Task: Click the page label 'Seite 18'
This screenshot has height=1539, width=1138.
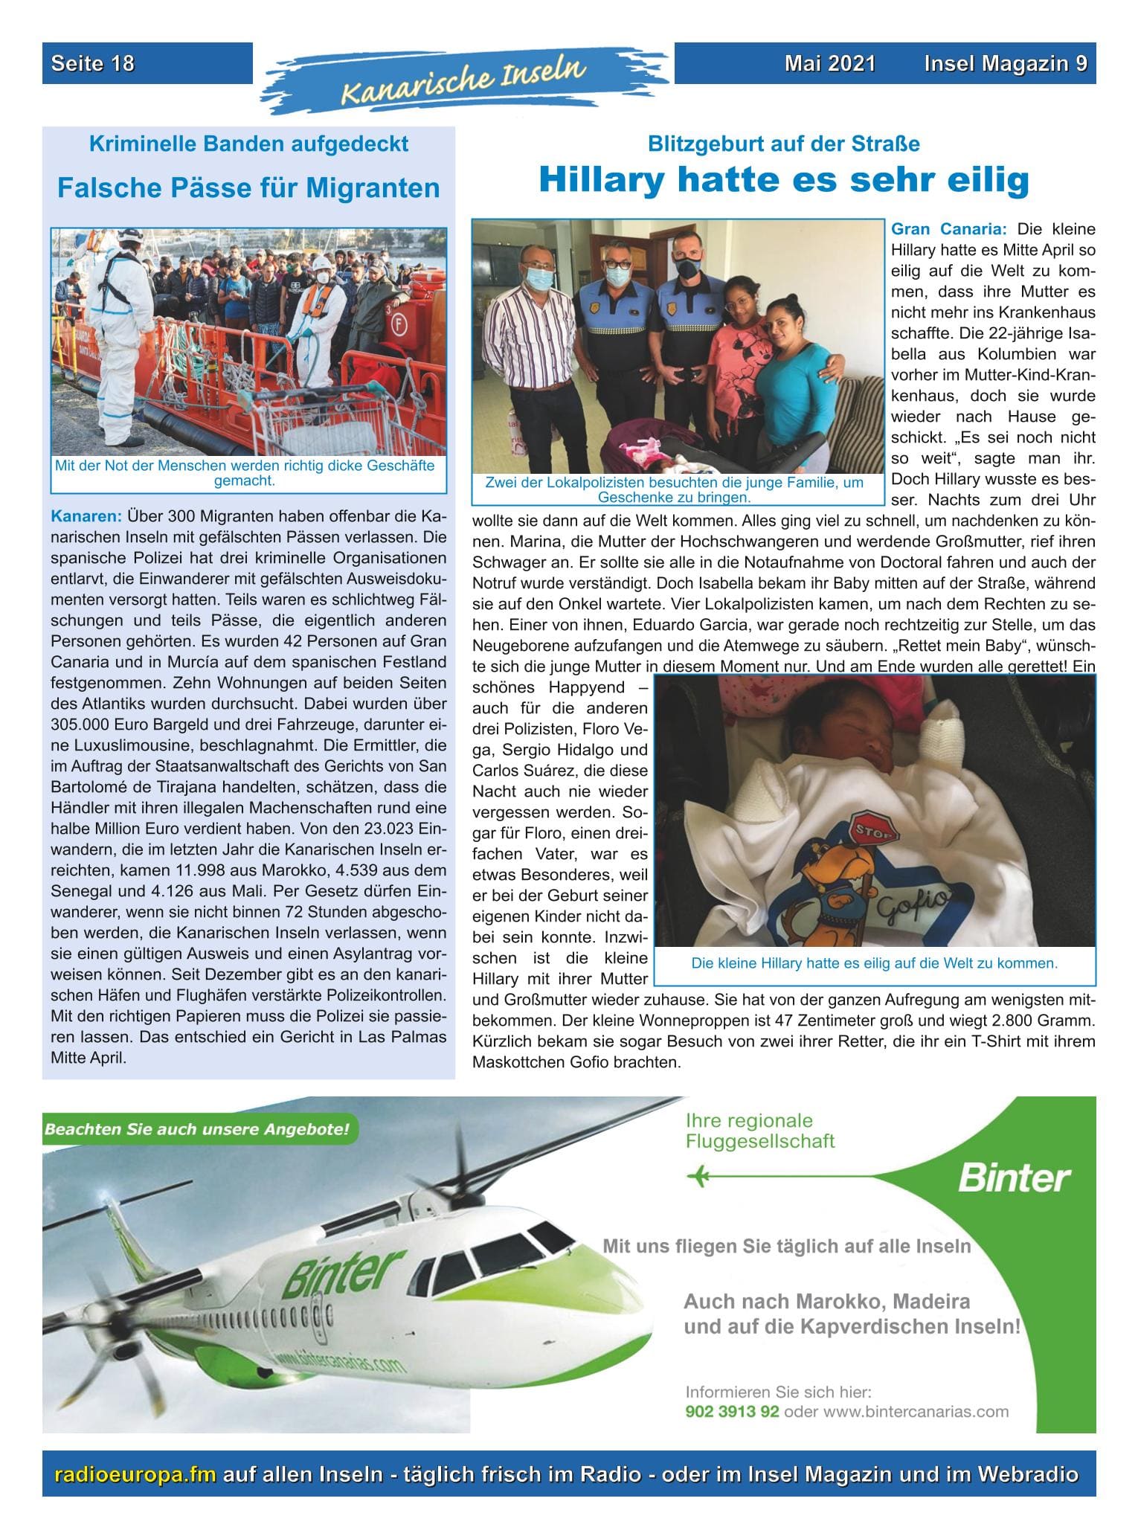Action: (93, 64)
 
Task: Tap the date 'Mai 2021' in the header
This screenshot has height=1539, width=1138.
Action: (829, 64)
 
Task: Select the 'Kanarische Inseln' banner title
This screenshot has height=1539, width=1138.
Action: (463, 80)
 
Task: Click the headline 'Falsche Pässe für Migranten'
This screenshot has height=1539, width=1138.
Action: (248, 188)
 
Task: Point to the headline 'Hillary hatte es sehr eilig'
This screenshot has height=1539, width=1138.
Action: (783, 180)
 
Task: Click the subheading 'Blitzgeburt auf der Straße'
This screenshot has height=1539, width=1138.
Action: (783, 144)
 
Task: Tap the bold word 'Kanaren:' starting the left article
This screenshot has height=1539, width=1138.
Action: (86, 516)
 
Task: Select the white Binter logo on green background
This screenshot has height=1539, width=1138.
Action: (1014, 1178)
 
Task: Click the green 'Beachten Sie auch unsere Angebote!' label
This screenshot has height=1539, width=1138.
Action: (197, 1130)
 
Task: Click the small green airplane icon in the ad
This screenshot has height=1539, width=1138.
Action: (698, 1176)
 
